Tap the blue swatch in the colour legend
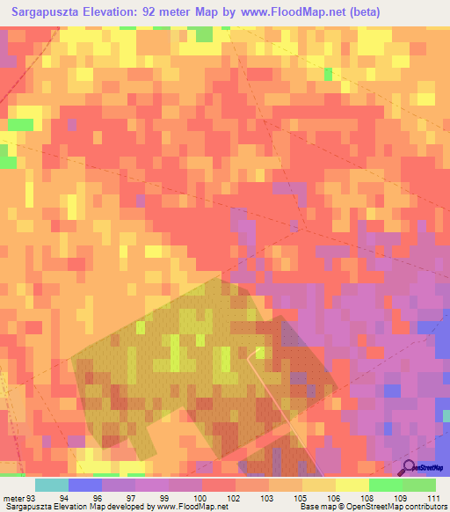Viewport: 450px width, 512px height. [84, 485]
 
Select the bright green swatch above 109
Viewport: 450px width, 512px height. [385, 485]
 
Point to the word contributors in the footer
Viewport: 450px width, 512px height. [425, 507]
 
